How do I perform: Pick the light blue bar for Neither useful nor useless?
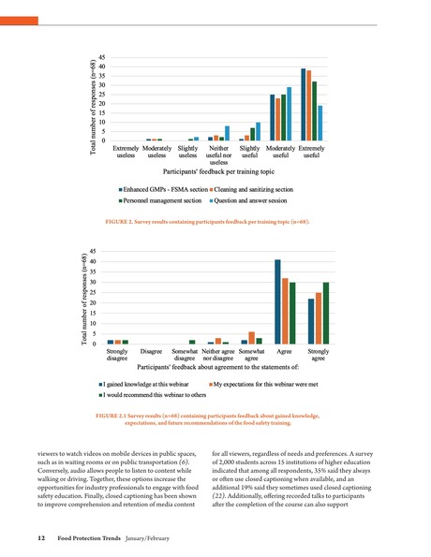pyautogui.click(x=227, y=133)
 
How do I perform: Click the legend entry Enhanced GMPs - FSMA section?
pyautogui.click(x=163, y=189)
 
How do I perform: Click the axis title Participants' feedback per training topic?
pyautogui.click(x=218, y=172)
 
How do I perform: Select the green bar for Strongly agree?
pyautogui.click(x=325, y=313)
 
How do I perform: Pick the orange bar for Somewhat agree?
pyautogui.click(x=251, y=338)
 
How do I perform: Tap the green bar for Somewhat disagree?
pyautogui.click(x=192, y=342)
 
